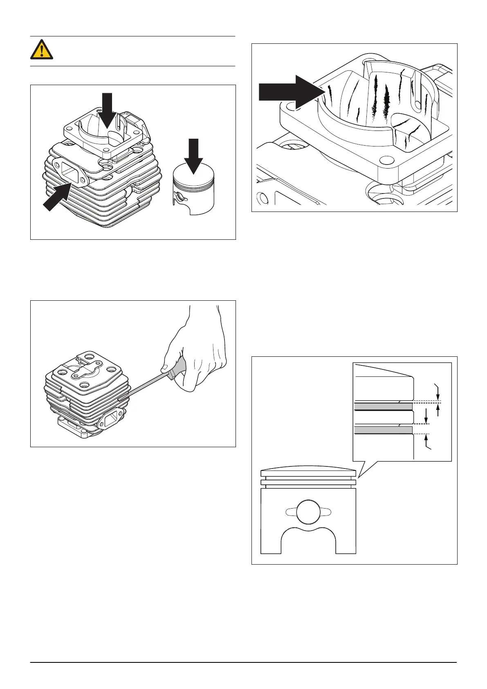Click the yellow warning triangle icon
(41, 50)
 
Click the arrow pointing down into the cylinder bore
(107, 110)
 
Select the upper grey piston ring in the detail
(383, 406)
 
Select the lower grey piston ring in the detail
(383, 430)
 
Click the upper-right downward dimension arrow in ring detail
(438, 392)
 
